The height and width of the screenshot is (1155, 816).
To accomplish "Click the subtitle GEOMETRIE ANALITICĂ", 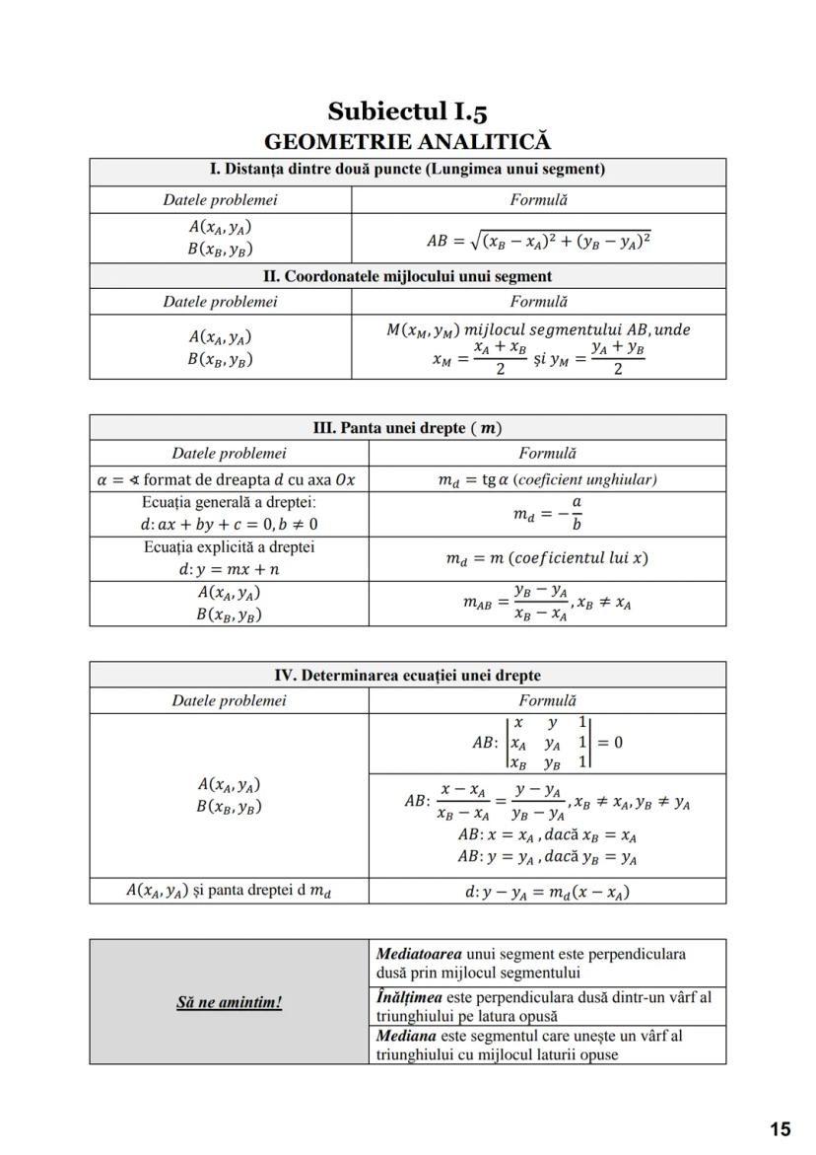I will point(407,142).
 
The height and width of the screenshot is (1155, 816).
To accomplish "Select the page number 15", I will point(780,1129).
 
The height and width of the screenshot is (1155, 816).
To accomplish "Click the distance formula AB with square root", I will point(538,240).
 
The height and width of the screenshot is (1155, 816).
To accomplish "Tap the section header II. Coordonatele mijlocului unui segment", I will point(407,276).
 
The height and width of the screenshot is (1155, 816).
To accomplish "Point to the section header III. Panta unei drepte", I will point(407,427).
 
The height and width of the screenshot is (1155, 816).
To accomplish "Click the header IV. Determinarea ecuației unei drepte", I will point(407,676).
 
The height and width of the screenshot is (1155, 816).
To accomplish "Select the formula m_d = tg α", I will point(547,480).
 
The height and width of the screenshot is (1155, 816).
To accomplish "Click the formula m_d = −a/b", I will point(547,514).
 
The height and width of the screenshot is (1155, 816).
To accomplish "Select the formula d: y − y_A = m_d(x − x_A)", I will point(547,892).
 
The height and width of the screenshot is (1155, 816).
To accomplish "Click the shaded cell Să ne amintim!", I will point(229,1002).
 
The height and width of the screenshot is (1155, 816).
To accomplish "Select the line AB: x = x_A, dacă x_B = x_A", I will point(547,835).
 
